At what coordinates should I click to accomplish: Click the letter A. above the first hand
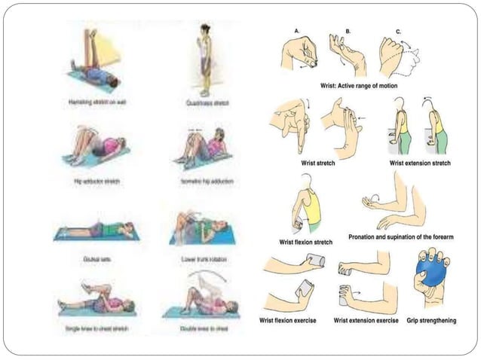(297, 29)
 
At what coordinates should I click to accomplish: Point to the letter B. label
(348, 29)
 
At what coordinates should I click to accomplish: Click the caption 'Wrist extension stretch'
(420, 162)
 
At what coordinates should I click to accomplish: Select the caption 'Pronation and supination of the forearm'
(400, 236)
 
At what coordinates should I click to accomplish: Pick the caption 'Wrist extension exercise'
(366, 321)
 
